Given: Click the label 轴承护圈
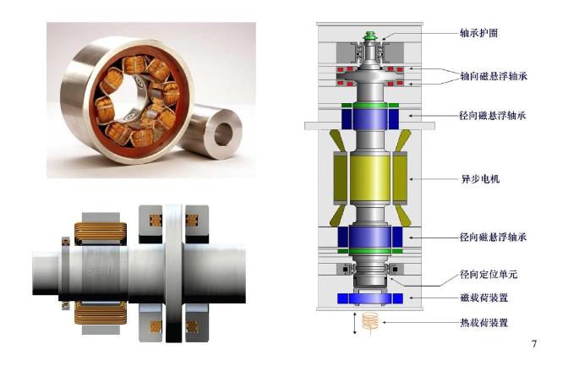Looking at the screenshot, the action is point(479,33).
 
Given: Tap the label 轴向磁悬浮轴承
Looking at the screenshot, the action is point(494,76).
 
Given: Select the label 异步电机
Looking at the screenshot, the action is point(480,179).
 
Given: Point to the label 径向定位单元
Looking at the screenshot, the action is point(489,275).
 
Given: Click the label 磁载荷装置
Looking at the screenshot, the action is point(484,298).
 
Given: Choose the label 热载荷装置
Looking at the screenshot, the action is point(484,323).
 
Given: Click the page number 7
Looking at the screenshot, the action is point(533,343).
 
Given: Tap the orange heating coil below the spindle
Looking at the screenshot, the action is point(370,323).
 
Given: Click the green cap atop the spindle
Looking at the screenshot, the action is point(370,36).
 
